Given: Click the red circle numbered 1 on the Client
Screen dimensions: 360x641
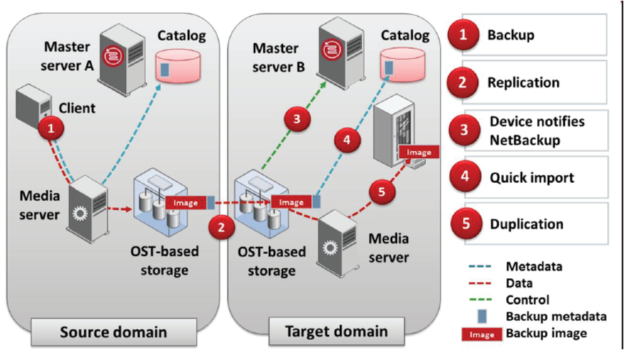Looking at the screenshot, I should tap(51, 130).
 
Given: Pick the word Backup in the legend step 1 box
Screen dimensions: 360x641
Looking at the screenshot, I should tap(511, 34).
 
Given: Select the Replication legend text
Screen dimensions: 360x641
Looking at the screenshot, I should tap(523, 82).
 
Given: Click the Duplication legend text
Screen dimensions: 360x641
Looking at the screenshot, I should tap(527, 224).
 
